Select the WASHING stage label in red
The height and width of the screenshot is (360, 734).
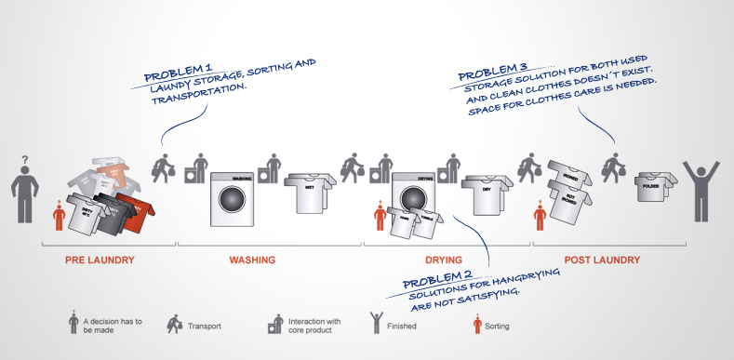[x=251, y=260]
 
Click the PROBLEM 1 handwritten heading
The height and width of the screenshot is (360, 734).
[x=178, y=71]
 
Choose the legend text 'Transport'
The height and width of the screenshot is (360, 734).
[x=203, y=327]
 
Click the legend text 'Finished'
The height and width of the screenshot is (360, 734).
[x=400, y=327]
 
